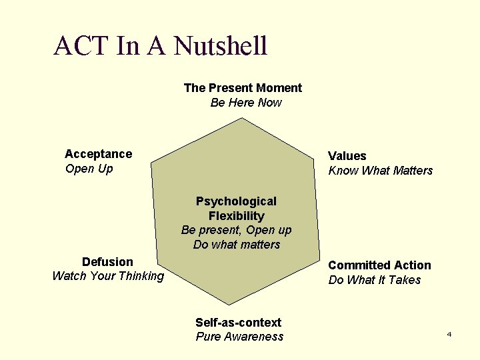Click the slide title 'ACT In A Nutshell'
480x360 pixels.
160,46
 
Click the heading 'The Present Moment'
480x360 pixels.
243,88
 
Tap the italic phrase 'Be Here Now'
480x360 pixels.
246,103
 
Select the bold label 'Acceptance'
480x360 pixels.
98,154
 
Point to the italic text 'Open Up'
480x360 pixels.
89,169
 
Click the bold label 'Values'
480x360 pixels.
347,156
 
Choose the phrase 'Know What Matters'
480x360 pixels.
380,171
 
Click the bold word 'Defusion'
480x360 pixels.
107,262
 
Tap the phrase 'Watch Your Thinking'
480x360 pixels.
107,276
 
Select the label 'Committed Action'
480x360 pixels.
379,265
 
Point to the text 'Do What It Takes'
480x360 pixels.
374,280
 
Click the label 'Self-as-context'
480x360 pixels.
238,323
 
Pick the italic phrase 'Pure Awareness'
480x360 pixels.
239,337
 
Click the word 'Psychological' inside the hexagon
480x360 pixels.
236,201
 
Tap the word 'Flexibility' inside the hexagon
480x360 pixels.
236,216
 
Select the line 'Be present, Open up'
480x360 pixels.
236,230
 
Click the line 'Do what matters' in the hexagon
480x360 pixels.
236,245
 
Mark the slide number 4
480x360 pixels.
449,333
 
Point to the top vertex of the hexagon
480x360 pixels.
243,119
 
